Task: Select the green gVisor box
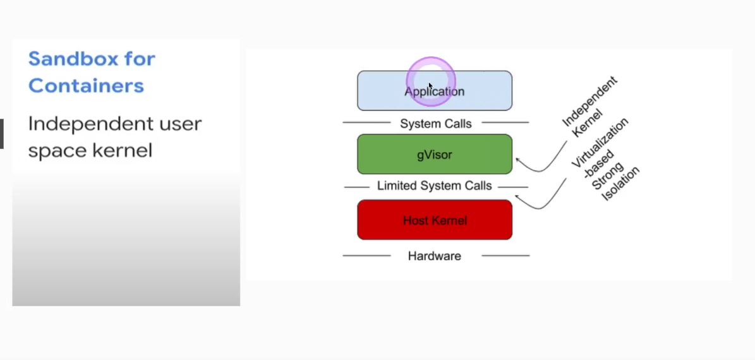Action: coord(435,154)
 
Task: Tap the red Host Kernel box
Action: coord(435,220)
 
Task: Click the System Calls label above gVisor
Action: coord(436,124)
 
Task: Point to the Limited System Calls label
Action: coord(435,186)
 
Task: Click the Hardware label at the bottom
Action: coord(435,256)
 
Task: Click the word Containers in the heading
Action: coord(86,85)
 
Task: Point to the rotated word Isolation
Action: coord(620,184)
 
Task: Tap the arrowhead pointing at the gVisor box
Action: coord(518,160)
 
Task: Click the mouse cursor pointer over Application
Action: coord(430,85)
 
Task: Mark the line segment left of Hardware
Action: coord(366,256)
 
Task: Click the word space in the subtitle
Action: coord(56,151)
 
